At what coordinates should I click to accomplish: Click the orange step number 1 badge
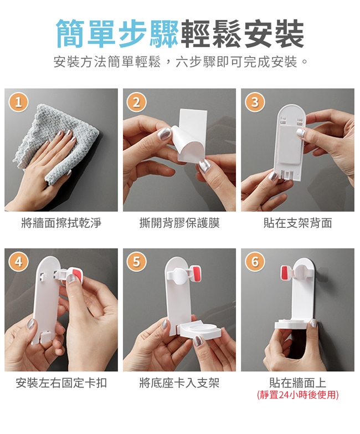(x=18, y=102)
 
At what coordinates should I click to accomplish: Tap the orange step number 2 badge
(x=137, y=102)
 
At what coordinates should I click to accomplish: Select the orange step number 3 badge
(x=255, y=102)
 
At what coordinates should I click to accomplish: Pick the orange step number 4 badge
(x=18, y=262)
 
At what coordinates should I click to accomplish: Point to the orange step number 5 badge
(x=137, y=262)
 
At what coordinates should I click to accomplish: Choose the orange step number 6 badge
(x=255, y=262)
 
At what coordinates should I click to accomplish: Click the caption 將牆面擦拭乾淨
(x=61, y=223)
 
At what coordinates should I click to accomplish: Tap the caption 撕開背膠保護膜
(x=179, y=223)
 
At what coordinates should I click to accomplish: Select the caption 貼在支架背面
(x=297, y=223)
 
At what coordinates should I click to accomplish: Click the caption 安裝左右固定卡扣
(x=61, y=383)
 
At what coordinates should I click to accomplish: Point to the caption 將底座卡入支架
(x=179, y=383)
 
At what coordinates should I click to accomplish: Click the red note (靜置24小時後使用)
(x=297, y=395)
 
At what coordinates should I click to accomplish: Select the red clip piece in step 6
(x=285, y=272)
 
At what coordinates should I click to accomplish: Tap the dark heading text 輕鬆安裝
(x=242, y=33)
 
